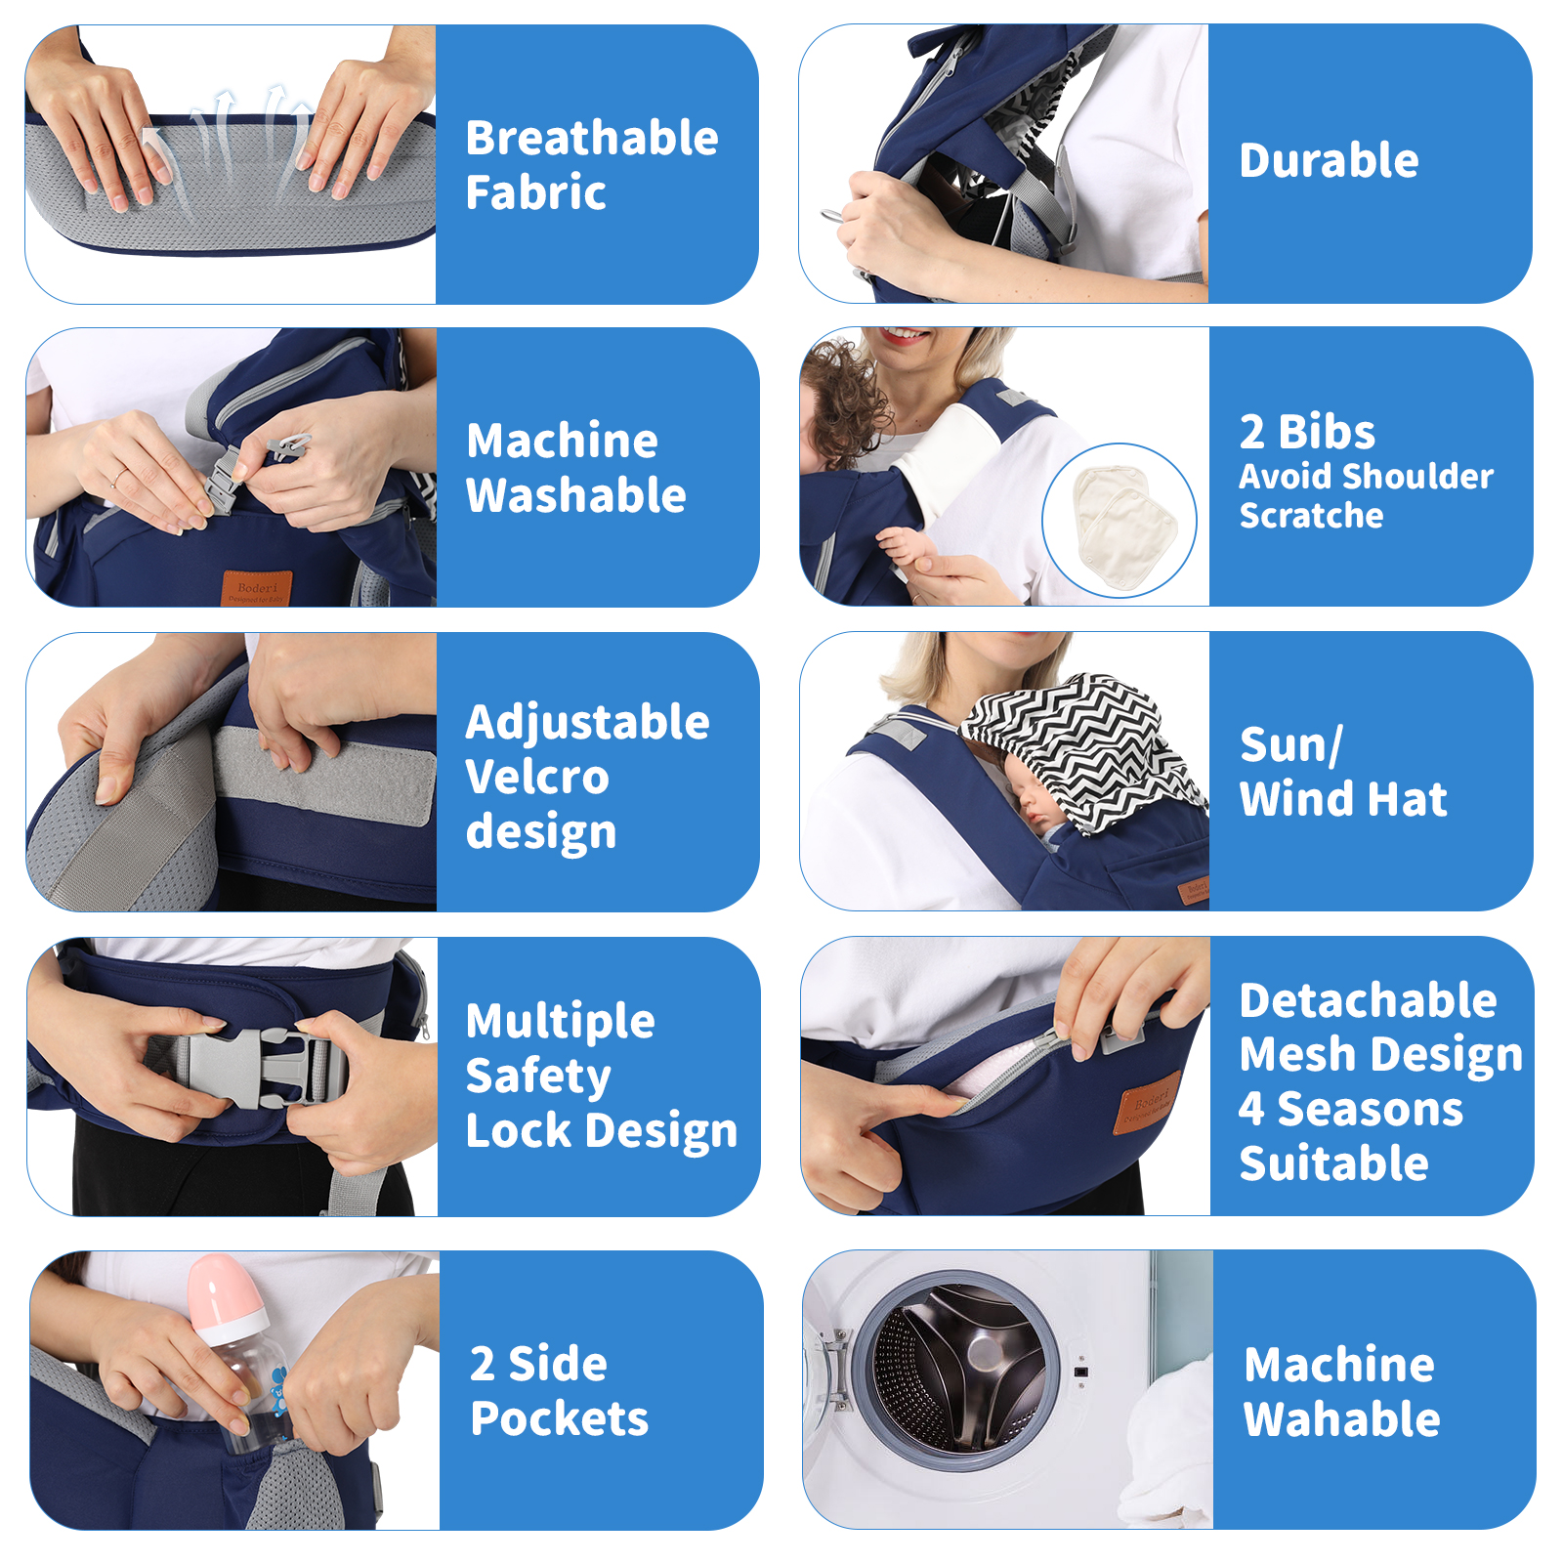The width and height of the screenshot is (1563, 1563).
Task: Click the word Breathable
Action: [592, 138]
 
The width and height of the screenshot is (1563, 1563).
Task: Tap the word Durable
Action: [1329, 160]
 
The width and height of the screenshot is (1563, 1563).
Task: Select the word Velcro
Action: [537, 778]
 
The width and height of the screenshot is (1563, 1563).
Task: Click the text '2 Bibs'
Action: [1307, 432]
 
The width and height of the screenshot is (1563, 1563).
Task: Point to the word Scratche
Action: [1311, 515]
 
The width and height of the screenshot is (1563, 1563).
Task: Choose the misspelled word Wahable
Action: [1342, 1419]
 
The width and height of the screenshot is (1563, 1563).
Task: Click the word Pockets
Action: [559, 1419]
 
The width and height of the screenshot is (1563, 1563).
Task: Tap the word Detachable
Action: [1368, 1000]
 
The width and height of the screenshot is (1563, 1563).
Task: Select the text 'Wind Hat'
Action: [1343, 799]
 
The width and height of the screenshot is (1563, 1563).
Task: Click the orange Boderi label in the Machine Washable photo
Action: [257, 589]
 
